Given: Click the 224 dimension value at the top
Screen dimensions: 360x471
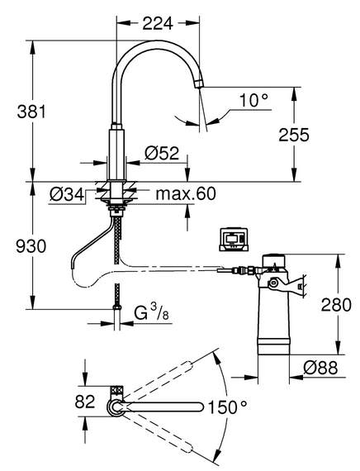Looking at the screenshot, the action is [x=158, y=23].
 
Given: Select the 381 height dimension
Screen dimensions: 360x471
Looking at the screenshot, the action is [x=31, y=112].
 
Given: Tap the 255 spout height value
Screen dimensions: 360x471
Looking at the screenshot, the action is [x=294, y=135].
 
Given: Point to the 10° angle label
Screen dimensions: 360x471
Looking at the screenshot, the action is [x=253, y=100].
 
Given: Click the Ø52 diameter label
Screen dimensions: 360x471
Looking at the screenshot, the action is [x=162, y=153].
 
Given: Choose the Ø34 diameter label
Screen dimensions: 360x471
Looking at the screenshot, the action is [x=67, y=195].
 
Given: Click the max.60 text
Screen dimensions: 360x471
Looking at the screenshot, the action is [x=186, y=193].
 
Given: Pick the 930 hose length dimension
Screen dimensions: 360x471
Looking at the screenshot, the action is [x=31, y=246].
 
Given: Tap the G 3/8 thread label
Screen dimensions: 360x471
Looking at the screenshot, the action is [x=151, y=313].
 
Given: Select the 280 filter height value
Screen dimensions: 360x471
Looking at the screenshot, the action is [x=336, y=305].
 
